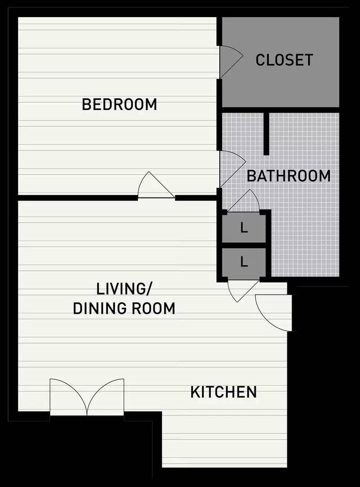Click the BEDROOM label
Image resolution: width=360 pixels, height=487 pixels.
tap(119, 104)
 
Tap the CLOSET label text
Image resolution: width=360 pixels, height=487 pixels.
tap(284, 60)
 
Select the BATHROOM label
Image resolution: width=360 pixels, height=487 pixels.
tap(289, 176)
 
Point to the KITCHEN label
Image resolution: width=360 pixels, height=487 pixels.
tap(223, 392)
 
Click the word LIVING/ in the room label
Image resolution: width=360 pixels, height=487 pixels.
tap(124, 289)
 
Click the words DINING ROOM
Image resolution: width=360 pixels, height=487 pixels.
tap(124, 308)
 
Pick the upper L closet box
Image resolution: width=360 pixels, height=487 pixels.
tap(244, 228)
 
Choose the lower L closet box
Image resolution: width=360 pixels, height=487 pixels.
tap(244, 262)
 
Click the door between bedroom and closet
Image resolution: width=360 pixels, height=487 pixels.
tap(231, 61)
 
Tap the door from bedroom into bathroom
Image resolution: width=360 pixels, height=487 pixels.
tap(232, 169)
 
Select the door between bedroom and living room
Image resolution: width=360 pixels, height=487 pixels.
tap(156, 185)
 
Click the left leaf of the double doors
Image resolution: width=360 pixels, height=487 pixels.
tap(68, 397)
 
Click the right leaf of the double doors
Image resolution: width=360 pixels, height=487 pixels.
tap(106, 397)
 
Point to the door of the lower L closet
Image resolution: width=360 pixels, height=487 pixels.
tap(244, 291)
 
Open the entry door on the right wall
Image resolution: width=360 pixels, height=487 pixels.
tap(273, 312)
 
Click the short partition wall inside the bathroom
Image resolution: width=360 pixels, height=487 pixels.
tap(266, 133)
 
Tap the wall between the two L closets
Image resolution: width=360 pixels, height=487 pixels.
tap(244, 245)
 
